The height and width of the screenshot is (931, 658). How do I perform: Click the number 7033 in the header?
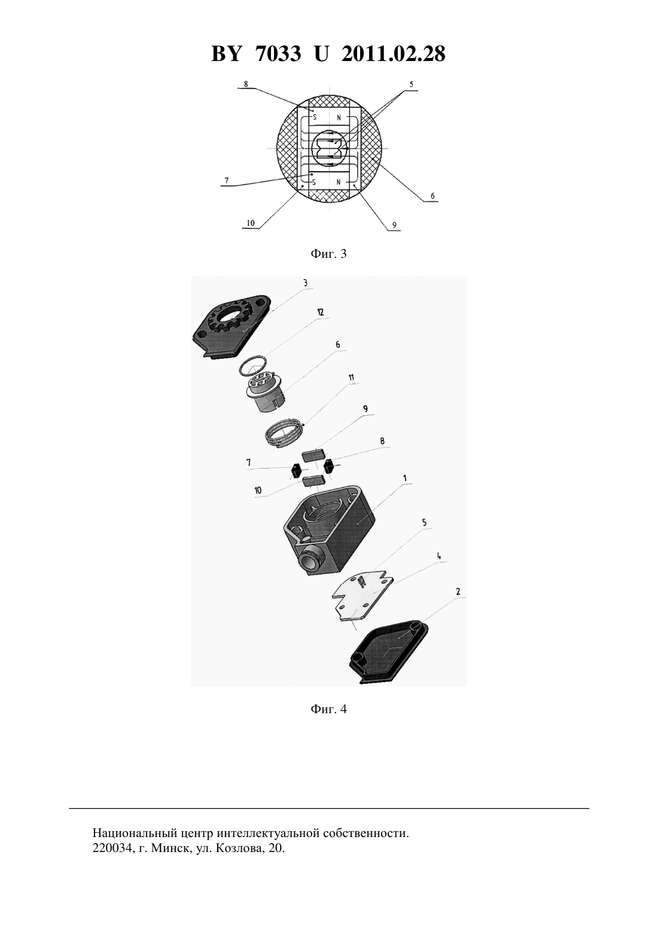click(278, 54)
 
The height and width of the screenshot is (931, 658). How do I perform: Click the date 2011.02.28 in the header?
click(394, 54)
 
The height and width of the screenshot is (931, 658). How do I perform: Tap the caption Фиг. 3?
click(328, 254)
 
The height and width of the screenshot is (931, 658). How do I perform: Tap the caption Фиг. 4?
click(328, 709)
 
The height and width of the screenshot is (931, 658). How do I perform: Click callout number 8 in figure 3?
click(246, 84)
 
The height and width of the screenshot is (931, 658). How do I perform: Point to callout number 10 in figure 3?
click(251, 223)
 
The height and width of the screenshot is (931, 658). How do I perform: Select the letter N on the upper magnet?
click(339, 118)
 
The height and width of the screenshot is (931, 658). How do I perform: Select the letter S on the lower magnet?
click(315, 182)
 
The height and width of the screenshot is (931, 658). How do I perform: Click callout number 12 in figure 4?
click(320, 312)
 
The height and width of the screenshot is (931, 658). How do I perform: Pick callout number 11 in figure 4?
click(351, 378)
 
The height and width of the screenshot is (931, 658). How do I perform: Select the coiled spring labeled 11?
click(285, 434)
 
